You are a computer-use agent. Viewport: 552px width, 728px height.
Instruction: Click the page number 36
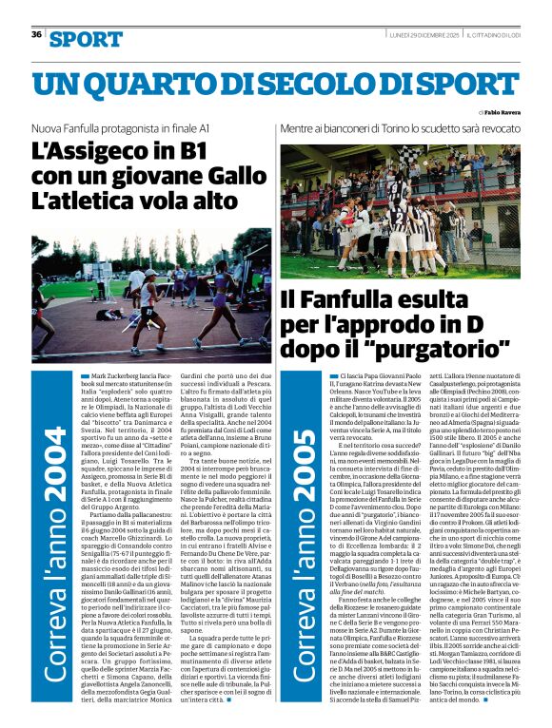tap(36, 34)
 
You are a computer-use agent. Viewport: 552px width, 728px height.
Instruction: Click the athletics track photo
tap(139, 294)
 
